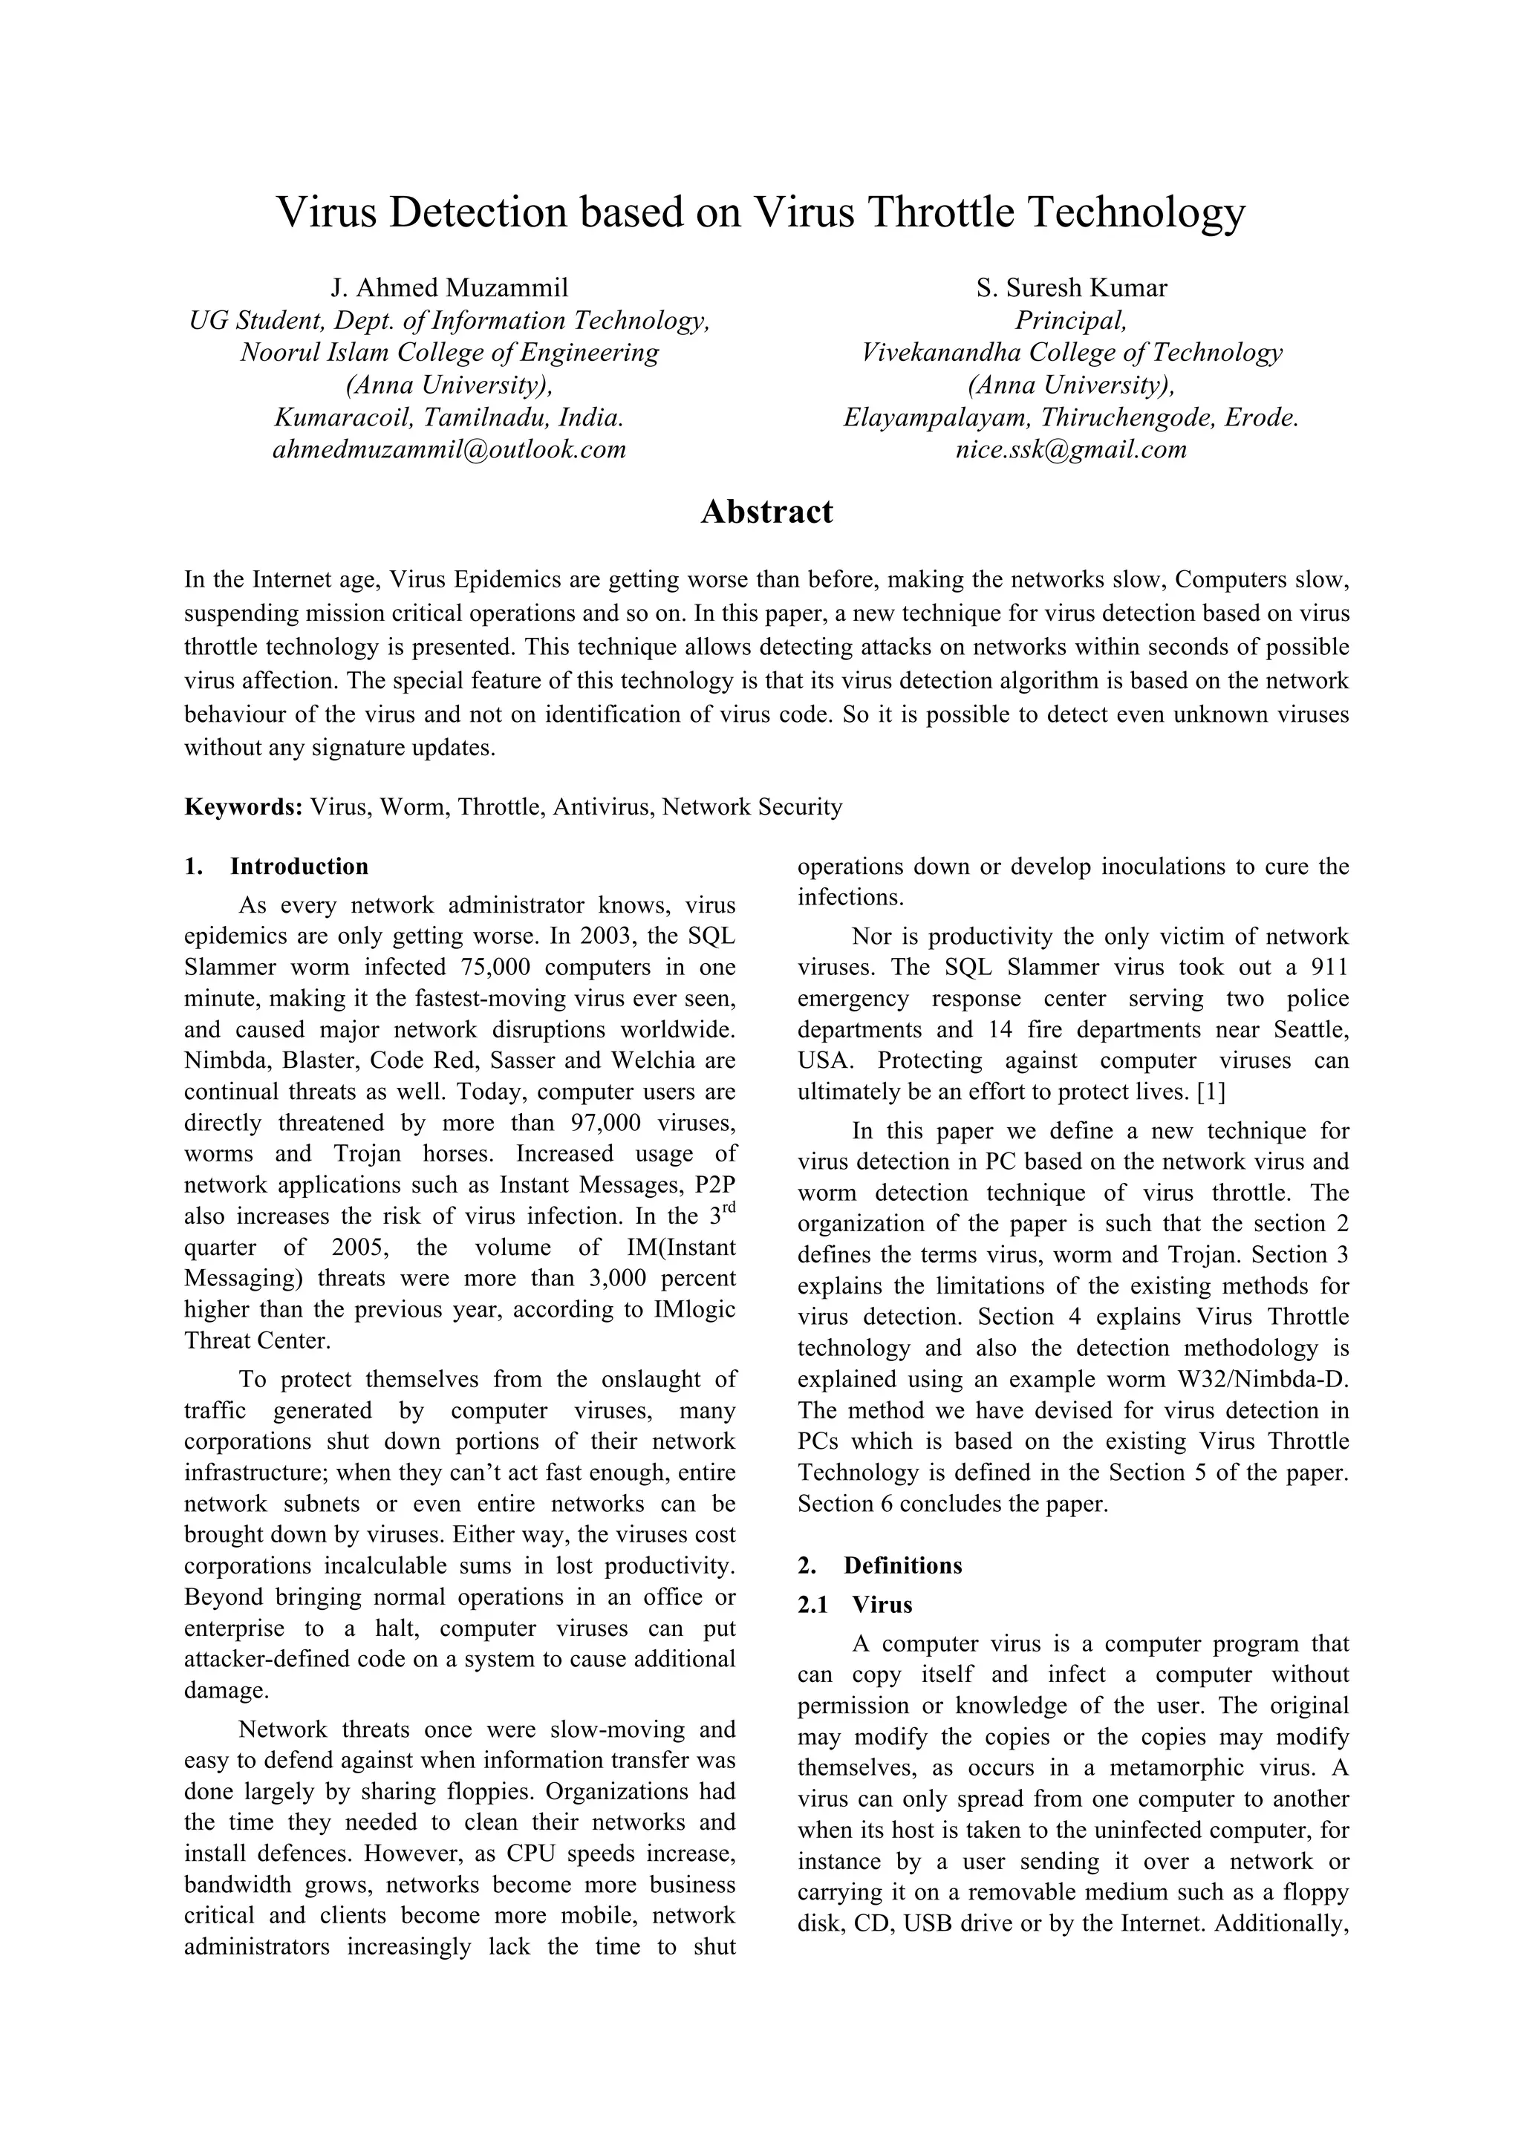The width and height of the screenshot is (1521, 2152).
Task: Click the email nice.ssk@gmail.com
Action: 1070,450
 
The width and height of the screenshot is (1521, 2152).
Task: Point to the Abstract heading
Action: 766,512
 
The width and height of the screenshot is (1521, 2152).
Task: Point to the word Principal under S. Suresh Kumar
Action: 1070,321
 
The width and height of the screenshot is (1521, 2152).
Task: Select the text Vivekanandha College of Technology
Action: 1070,353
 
